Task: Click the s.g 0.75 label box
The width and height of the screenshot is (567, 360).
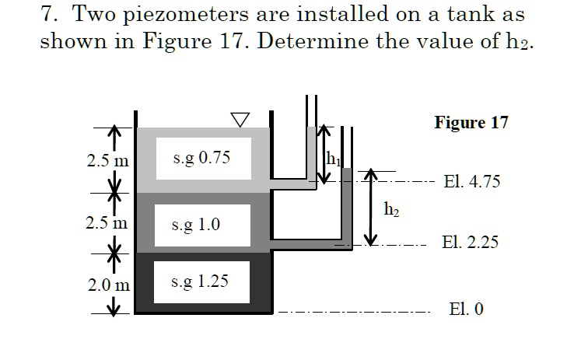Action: [x=202, y=158]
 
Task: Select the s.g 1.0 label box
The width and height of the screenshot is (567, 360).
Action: [x=202, y=225]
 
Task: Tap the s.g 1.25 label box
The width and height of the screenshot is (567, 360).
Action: [x=202, y=281]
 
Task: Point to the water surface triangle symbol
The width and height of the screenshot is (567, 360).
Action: [x=240, y=118]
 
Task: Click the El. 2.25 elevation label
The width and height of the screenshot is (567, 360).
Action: [x=470, y=242]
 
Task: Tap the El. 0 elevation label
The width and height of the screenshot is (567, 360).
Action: [x=466, y=309]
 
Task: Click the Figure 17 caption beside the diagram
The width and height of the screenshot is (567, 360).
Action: [x=471, y=123]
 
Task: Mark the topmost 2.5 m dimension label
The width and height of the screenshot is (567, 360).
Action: [x=108, y=162]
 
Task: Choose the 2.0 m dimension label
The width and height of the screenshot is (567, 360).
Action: [x=108, y=286]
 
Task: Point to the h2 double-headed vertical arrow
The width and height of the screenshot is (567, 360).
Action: [x=372, y=206]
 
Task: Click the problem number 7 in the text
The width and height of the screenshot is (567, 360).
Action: [x=44, y=14]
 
